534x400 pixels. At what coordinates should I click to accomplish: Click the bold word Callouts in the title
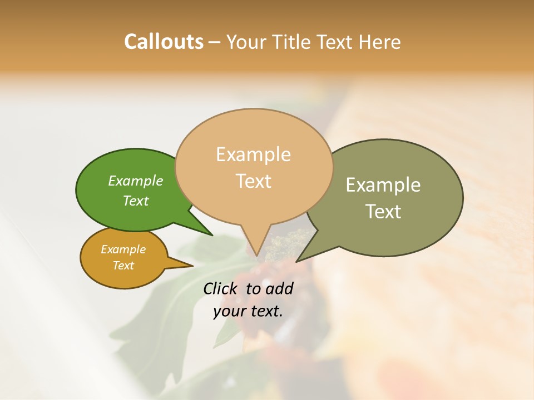click(164, 42)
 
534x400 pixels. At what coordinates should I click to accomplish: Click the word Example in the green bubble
click(136, 181)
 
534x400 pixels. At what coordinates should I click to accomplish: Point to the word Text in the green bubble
click(136, 201)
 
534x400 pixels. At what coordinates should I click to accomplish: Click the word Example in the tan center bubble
click(253, 154)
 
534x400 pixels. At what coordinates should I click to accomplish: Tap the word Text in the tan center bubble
click(253, 181)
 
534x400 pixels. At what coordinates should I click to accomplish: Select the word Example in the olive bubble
click(383, 185)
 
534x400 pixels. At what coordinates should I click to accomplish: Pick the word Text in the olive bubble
click(383, 212)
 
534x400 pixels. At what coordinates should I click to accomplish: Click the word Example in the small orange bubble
click(123, 249)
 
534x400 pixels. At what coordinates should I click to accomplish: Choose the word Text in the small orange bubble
click(123, 266)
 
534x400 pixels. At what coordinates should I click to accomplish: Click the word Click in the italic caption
click(221, 288)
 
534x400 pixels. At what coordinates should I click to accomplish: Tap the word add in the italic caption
click(279, 288)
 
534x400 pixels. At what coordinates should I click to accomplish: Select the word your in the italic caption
click(229, 311)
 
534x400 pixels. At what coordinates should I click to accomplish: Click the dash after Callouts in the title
click(214, 42)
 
